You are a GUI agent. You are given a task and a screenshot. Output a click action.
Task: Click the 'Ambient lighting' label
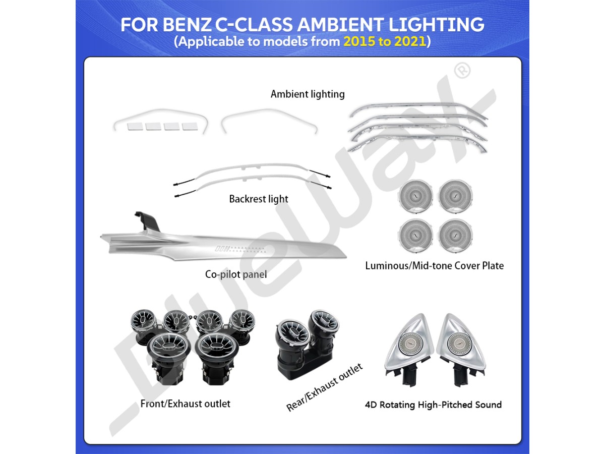308,94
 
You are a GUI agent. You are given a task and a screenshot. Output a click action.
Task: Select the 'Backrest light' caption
259,199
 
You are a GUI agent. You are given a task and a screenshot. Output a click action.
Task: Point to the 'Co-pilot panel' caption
236,274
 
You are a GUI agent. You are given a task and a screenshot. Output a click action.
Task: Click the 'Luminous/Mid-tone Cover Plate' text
434,265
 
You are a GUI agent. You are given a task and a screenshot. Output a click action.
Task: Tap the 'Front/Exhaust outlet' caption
186,404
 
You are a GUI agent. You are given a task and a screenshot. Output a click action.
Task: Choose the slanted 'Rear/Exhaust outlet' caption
325,387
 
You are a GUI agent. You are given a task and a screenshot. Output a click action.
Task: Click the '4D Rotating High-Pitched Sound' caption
433,405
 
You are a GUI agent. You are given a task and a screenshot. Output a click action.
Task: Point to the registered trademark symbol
462,71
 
